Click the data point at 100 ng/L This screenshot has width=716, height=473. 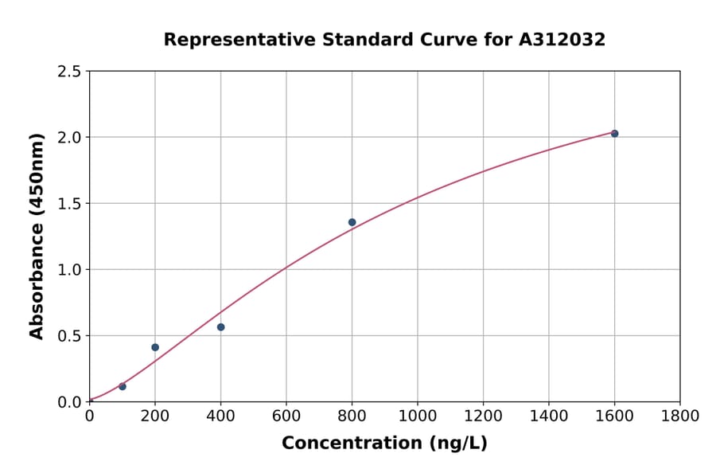pyautogui.click(x=122, y=386)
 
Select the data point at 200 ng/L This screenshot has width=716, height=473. pyautogui.click(x=155, y=347)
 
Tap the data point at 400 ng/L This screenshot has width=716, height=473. pyautogui.click(x=220, y=327)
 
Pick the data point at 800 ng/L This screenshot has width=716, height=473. pyautogui.click(x=352, y=222)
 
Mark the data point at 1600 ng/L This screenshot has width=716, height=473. pyautogui.click(x=614, y=134)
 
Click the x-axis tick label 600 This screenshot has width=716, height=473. pyautogui.click(x=286, y=416)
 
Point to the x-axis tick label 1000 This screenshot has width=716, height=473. pyautogui.click(x=418, y=416)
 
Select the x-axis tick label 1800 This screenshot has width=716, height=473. pyautogui.click(x=680, y=416)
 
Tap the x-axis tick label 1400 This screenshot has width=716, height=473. pyautogui.click(x=549, y=416)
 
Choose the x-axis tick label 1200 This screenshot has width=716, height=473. pyautogui.click(x=483, y=416)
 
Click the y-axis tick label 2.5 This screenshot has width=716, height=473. pyautogui.click(x=68, y=72)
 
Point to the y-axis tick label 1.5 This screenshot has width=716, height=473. pyautogui.click(x=68, y=204)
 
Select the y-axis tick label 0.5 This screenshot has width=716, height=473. pyautogui.click(x=68, y=336)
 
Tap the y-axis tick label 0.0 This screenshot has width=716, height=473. pyautogui.click(x=68, y=402)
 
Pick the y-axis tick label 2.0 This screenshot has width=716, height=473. pyautogui.click(x=68, y=138)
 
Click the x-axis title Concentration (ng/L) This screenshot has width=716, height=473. pyautogui.click(x=384, y=444)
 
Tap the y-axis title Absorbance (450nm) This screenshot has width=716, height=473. pyautogui.click(x=37, y=236)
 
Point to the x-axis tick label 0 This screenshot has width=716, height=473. pyautogui.click(x=89, y=416)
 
